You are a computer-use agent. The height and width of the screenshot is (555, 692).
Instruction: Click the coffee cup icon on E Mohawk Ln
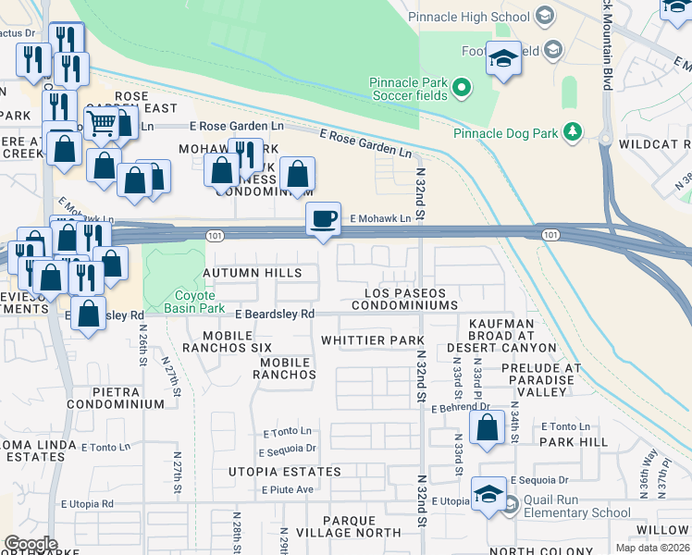pos(324,219)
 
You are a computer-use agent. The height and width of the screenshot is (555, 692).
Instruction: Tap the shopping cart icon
pos(103,123)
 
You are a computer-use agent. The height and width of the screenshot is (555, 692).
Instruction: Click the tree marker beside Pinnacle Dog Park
pos(574,132)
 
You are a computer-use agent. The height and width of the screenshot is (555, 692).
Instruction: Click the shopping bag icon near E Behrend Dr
pos(487,428)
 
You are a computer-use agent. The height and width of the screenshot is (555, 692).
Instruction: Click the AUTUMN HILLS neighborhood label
pos(253,273)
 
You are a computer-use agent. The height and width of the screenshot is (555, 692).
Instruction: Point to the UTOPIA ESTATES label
pos(285,472)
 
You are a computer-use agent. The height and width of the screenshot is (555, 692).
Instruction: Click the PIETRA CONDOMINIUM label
pos(115,398)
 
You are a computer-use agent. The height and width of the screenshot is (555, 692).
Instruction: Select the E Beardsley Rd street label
pos(275,314)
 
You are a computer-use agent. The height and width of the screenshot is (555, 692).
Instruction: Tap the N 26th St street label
pos(143,339)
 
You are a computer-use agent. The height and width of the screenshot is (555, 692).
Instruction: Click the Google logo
pos(31,543)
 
